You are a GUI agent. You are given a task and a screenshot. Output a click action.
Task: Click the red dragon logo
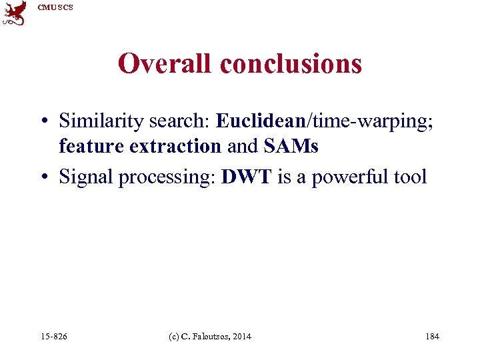point(14,13)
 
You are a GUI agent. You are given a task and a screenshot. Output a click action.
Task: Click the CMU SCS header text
point(56,7)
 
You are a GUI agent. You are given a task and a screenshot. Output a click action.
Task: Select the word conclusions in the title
point(291,64)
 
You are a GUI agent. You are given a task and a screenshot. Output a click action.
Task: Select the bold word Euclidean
point(259,121)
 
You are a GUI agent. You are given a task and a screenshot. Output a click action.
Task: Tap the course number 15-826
point(54,336)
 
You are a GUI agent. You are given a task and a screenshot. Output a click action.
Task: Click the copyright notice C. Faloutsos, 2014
point(212,336)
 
